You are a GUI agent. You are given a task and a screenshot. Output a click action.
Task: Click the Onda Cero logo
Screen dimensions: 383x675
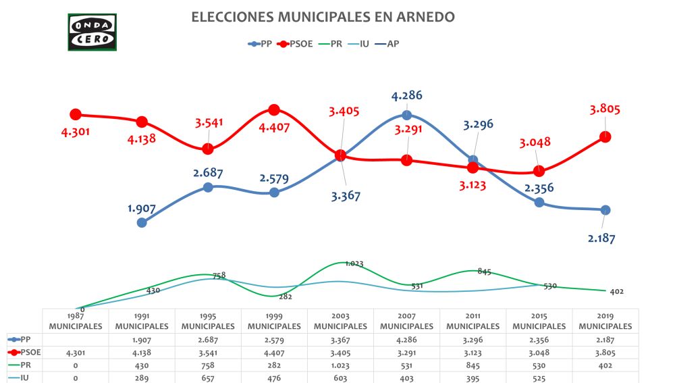pos(92,32)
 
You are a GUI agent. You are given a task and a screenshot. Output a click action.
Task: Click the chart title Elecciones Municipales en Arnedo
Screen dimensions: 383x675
pos(323,17)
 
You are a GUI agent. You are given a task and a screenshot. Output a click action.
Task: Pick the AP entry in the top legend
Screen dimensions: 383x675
pos(392,44)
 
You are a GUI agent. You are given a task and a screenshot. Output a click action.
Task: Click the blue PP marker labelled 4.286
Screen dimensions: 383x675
pos(406,116)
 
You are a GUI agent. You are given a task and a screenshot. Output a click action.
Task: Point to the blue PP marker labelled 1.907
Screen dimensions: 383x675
pos(142,222)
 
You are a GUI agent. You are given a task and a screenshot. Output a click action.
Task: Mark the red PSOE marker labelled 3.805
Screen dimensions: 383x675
pos(605,136)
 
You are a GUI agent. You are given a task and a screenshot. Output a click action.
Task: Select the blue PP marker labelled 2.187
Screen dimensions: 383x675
pos(605,209)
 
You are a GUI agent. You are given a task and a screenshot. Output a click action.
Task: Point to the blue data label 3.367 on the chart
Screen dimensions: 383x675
pos(346,196)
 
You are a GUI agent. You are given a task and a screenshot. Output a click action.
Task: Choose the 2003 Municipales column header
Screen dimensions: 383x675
pos(340,322)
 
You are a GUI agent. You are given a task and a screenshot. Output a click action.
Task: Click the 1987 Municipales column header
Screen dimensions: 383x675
pos(76,322)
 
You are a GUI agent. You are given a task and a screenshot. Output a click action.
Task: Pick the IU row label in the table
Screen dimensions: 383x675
pos(24,378)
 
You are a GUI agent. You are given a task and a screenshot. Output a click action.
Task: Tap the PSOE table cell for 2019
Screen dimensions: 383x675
pos(605,352)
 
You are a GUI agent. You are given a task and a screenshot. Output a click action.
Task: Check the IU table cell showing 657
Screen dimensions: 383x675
pos(208,378)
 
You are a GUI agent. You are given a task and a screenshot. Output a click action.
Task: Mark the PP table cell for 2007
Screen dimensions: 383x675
pos(406,339)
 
